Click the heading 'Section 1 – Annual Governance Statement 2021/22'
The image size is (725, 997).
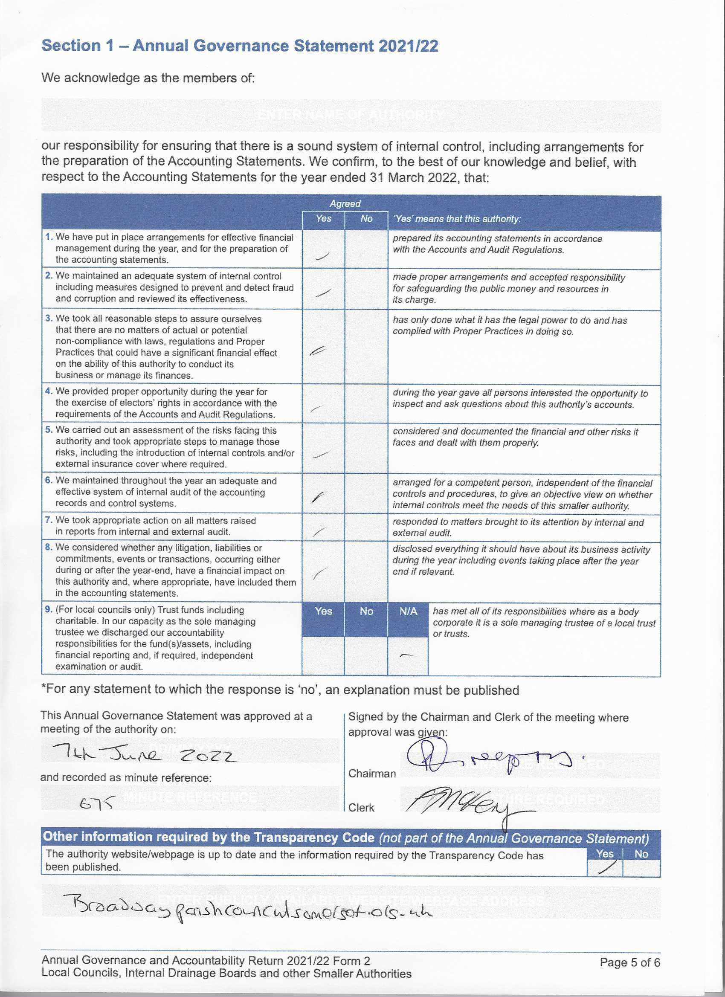pos(240,46)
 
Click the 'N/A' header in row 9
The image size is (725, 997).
pos(408,612)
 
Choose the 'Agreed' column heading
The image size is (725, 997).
pos(345,203)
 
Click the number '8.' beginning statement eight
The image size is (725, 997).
pos(49,548)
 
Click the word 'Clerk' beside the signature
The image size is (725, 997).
pos(361,808)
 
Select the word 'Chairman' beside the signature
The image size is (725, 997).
pos(372,773)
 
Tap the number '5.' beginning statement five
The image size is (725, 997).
pos(49,430)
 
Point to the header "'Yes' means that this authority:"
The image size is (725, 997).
pos(457,219)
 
